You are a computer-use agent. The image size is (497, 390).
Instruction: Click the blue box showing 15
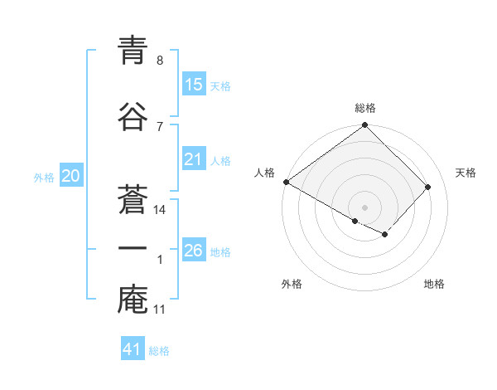pos(194,85)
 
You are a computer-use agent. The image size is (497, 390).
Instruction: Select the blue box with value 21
pos(194,159)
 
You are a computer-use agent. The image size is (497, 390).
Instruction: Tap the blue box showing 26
pos(194,251)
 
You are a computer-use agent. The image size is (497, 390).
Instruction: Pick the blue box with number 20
pos(71,176)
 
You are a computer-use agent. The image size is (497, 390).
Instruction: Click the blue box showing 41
pos(133,349)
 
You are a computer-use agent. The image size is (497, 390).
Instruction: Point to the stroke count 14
pos(161,210)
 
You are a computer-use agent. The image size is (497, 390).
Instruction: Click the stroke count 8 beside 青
pos(159,61)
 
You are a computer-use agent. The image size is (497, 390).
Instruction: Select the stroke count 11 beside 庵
pos(160,310)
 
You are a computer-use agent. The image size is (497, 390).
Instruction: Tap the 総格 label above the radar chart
pos(365,108)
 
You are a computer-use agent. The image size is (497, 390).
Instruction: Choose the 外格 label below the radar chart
pos(292,285)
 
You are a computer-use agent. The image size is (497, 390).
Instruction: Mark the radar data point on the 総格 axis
pos(365,126)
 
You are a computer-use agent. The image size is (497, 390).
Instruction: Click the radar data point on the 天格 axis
pos(427,187)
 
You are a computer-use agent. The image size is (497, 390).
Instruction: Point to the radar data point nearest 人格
pos(286,182)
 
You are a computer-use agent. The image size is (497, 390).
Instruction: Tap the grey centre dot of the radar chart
pos(364,207)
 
